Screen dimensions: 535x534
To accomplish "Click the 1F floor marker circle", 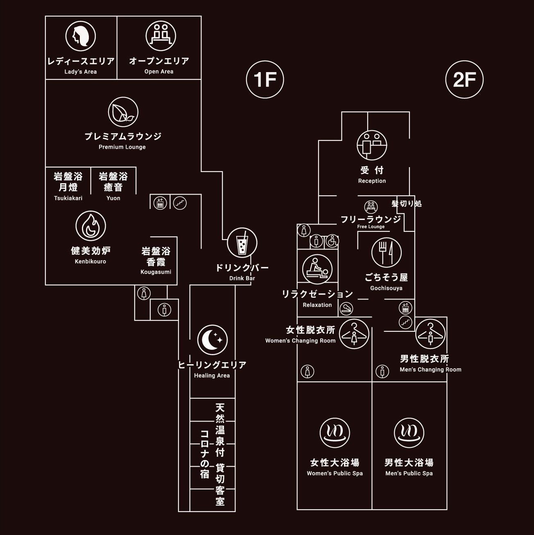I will click(265, 79).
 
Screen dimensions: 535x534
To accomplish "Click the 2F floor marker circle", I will click(464, 79).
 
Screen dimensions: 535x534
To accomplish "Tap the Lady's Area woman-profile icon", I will click(81, 36).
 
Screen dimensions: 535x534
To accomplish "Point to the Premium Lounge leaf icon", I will click(123, 112).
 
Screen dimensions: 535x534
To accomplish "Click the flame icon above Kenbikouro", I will click(91, 226).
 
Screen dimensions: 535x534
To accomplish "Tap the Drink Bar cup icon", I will click(242, 243).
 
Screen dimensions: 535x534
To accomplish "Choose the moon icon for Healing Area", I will click(212, 340).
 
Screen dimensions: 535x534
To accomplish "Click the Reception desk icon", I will click(372, 145).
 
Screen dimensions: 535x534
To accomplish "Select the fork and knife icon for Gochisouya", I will click(386, 252).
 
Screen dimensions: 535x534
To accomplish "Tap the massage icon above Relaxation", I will click(317, 269).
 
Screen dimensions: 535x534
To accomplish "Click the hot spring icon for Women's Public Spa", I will click(335, 433).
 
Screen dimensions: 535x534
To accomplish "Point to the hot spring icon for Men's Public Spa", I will click(409, 433).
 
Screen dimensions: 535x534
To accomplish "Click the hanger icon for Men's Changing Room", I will click(430, 334).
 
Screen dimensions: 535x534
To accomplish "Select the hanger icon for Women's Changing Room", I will click(354, 334).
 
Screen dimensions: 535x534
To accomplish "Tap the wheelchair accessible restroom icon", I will click(332, 241).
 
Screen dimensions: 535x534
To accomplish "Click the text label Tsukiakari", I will click(68, 198).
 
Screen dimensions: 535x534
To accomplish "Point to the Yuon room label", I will click(113, 198).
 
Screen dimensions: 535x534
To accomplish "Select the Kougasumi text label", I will click(156, 272).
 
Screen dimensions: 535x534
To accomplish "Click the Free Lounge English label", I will click(371, 227).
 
